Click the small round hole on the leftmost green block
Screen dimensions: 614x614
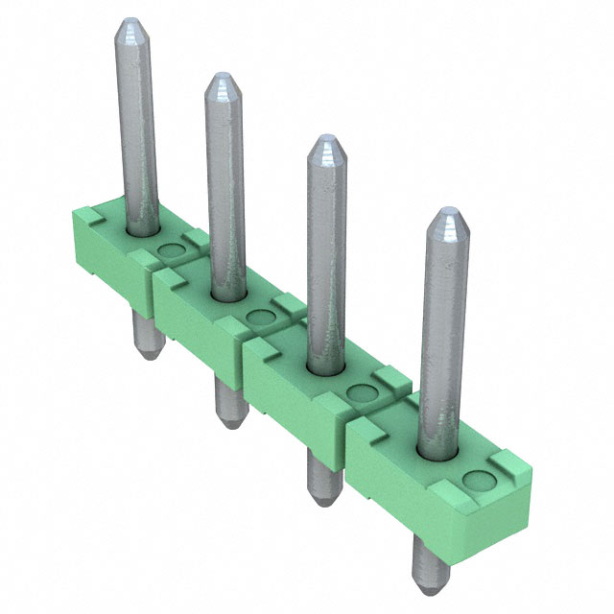click(x=170, y=251)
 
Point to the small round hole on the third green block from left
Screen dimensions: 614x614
click(x=361, y=391)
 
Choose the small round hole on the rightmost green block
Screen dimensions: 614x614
click(x=474, y=479)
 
